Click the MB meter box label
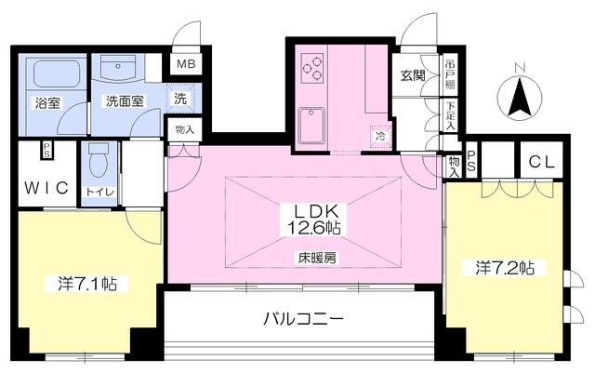[x=186, y=63]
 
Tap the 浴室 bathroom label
[x=47, y=103]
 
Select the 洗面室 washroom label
[x=125, y=101]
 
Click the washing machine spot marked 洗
[x=180, y=99]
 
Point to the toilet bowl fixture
[x=99, y=160]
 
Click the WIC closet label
[x=46, y=188]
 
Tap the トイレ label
[x=99, y=192]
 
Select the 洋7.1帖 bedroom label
[x=87, y=284]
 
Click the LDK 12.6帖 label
[x=313, y=220]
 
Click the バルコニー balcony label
[x=304, y=318]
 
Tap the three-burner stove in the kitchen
[x=312, y=68]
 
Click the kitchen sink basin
[x=312, y=127]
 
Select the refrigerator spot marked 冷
[x=380, y=136]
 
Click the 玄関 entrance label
[x=413, y=76]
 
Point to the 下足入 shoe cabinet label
[x=450, y=114]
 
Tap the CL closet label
[x=542, y=162]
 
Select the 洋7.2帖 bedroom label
[x=505, y=267]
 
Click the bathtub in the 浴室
[x=57, y=73]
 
